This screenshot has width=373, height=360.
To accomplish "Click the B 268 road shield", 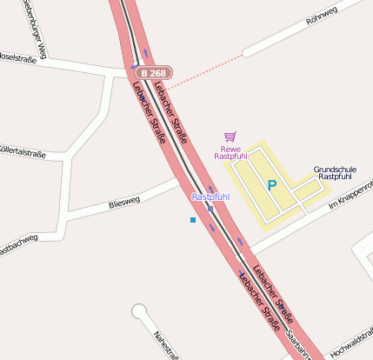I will coord(153,74).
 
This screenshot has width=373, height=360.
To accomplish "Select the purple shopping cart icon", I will coord(230,137).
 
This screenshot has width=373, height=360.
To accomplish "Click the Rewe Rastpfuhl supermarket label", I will coord(230,152).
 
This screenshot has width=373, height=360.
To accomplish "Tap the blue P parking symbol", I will coord(272,185).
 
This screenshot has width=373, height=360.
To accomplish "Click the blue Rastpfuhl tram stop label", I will coord(210,197).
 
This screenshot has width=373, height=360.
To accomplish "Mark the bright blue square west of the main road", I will coord(192,221).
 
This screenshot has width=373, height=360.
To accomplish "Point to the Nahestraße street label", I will coord(166,343).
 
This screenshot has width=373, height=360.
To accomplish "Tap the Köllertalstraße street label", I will coord(21,153).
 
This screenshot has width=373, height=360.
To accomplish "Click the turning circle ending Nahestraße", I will coord(138,310).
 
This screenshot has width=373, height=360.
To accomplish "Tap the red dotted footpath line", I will coord(205,72).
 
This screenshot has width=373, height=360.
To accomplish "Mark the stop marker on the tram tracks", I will coord(210,209).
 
